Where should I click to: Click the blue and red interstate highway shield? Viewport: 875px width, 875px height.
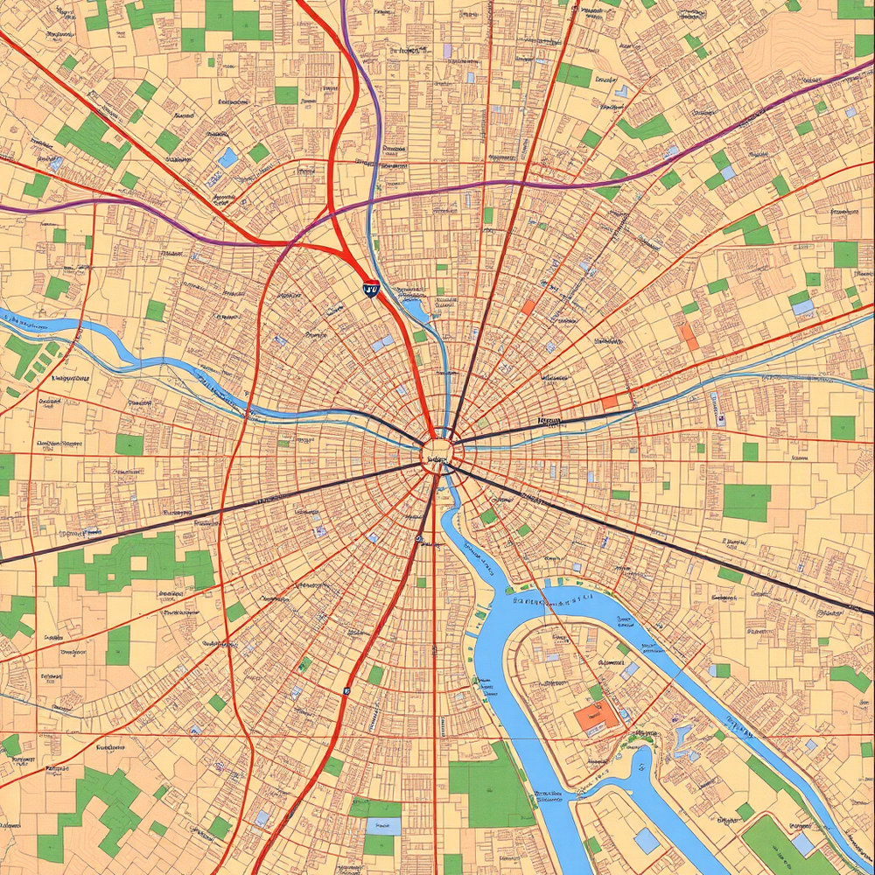pyautogui.click(x=371, y=288)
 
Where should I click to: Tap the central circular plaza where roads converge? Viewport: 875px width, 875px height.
pyautogui.click(x=437, y=452)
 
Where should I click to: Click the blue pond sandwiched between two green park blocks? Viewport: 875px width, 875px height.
pyautogui.click(x=382, y=826)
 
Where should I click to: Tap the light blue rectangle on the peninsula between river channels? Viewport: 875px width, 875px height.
pyautogui.click(x=647, y=842)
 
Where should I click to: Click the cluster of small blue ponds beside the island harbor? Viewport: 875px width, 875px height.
pyautogui.click(x=681, y=739)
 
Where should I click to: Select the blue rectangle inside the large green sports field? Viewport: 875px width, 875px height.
pyautogui.click(x=804, y=844)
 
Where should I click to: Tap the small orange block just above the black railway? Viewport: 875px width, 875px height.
pyautogui.click(x=610, y=402)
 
